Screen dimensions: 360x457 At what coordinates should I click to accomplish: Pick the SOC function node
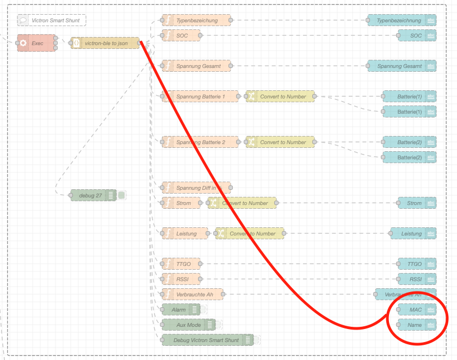click(182, 36)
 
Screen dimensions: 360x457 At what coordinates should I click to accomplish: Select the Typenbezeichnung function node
click(196, 21)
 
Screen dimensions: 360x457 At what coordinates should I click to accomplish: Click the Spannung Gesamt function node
click(196, 66)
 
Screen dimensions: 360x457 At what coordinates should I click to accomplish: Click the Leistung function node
click(186, 233)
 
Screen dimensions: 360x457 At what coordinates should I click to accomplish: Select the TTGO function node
click(182, 264)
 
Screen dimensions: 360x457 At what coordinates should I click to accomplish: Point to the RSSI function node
click(182, 279)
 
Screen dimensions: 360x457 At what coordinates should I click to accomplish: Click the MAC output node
click(417, 309)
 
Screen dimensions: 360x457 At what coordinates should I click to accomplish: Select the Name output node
click(417, 325)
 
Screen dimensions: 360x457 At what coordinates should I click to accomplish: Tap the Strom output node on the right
click(417, 203)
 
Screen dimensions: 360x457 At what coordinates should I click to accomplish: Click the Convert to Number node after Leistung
click(250, 233)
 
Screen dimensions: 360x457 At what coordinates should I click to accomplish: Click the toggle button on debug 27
click(122, 195)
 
